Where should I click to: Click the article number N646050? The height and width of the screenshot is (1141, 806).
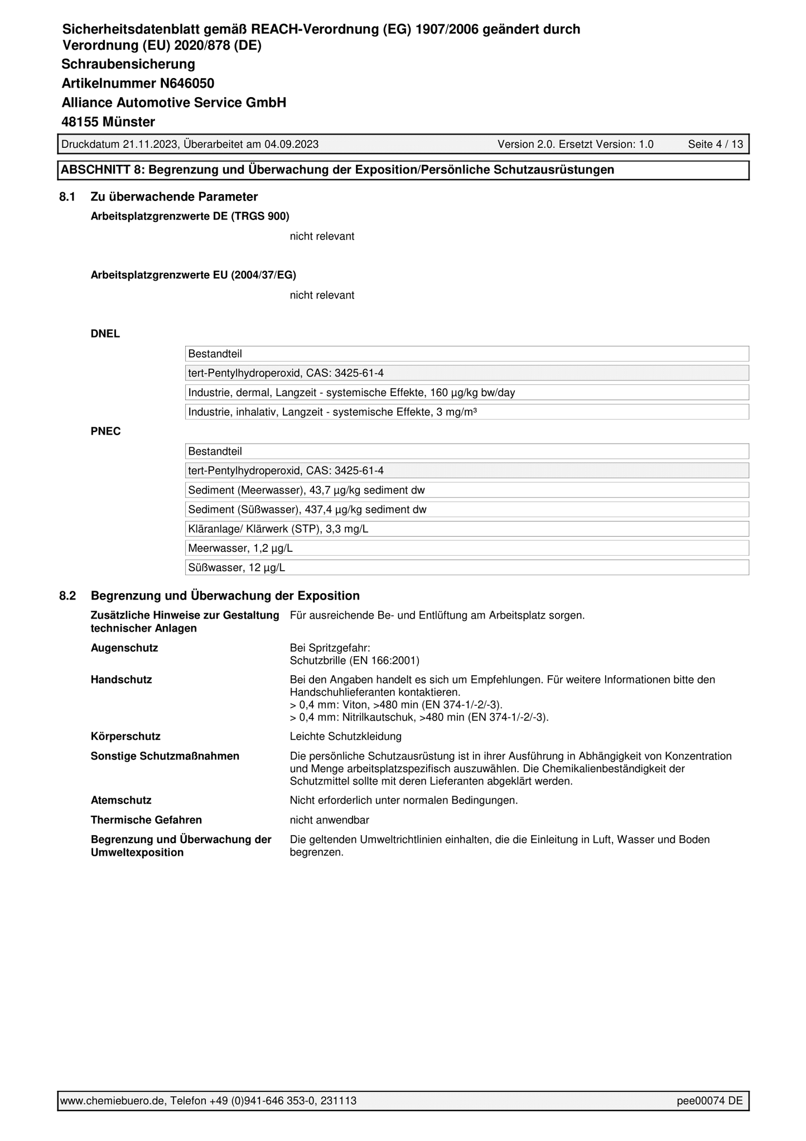pos(187,84)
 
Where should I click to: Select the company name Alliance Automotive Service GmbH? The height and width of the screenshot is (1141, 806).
pos(173,103)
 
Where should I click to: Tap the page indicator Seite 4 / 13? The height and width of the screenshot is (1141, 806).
pos(715,145)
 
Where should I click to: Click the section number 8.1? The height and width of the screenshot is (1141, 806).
pos(67,197)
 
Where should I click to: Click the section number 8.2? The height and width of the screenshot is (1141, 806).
pos(67,596)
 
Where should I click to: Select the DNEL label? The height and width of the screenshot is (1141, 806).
pos(105,334)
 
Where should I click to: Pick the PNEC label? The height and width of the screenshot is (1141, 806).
pos(105,431)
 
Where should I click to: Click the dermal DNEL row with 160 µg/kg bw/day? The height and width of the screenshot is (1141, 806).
pos(351,393)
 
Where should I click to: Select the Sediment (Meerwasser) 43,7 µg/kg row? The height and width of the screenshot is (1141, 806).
pos(306,490)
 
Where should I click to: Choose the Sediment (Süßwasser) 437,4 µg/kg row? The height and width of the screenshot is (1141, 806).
pos(307,510)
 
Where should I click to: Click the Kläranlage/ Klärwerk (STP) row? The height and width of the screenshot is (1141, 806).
pos(278,529)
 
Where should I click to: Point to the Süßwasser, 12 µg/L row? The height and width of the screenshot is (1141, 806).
pos(237,568)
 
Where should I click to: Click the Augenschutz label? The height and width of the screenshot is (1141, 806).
pos(124,648)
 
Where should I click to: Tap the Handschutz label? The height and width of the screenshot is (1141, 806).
pos(121,680)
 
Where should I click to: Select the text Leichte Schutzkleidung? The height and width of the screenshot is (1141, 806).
pos(345,736)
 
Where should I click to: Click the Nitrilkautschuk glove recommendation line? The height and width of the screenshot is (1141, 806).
pos(419,717)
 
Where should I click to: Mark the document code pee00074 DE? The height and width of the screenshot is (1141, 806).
pos(710,1101)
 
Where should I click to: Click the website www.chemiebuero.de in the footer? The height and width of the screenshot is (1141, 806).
pos(112,1101)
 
